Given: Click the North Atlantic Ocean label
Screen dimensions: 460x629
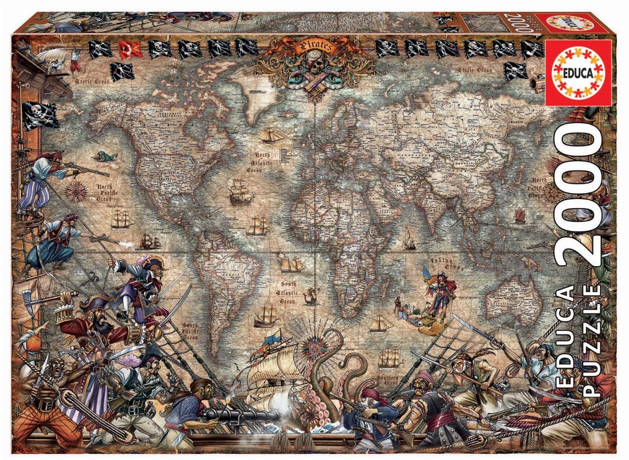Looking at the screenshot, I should pyautogui.click(x=260, y=162).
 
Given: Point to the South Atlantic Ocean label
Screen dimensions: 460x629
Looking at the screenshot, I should pyautogui.click(x=288, y=292).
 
